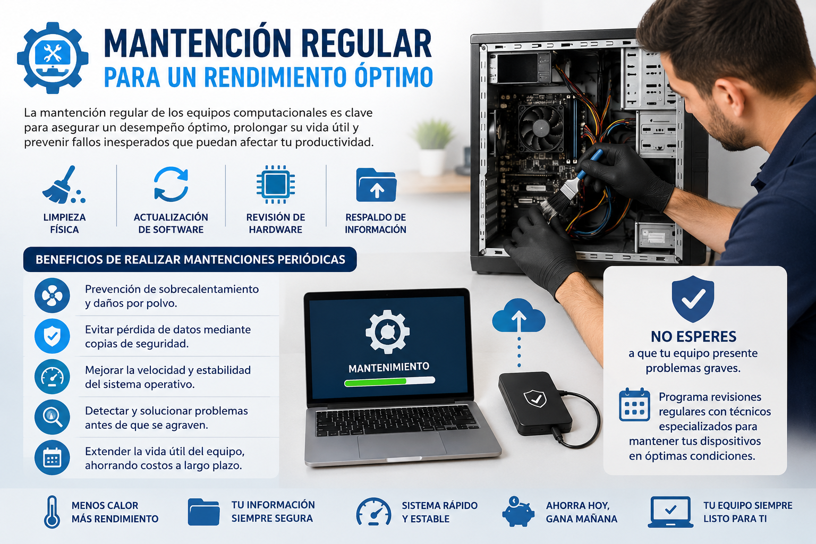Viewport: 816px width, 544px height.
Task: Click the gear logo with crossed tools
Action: click(x=53, y=58)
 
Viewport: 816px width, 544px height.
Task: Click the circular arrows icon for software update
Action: click(x=171, y=184)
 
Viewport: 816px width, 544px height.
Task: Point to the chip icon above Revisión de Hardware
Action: click(x=276, y=184)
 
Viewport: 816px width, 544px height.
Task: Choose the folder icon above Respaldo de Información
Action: click(x=376, y=185)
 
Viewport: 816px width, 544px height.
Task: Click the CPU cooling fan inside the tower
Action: click(x=541, y=127)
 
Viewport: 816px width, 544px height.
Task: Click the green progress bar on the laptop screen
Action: click(x=375, y=382)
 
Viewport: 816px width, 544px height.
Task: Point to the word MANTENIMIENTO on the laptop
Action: click(x=389, y=367)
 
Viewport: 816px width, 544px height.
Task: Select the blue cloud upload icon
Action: click(x=518, y=316)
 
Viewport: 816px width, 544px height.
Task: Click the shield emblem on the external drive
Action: click(x=535, y=398)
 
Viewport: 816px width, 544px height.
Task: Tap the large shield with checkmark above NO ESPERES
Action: click(x=693, y=299)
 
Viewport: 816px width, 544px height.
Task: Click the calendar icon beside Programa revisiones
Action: click(x=634, y=404)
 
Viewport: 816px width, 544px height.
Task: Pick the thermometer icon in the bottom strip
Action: click(x=52, y=512)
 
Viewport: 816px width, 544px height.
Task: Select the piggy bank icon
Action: click(x=518, y=511)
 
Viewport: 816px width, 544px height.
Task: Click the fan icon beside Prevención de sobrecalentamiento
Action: click(x=52, y=295)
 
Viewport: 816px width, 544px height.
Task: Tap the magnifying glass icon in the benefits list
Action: click(x=52, y=417)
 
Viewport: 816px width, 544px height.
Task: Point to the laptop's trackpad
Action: click(x=402, y=445)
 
